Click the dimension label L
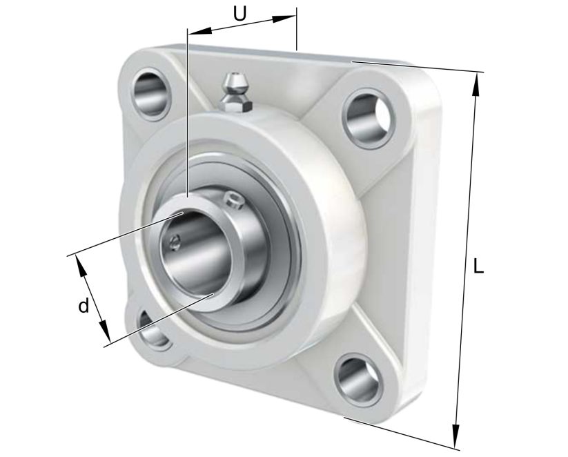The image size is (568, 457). (478, 266)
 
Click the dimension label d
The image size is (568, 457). (83, 306)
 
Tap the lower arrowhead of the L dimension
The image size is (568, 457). (456, 437)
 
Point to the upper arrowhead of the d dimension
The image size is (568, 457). (79, 263)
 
